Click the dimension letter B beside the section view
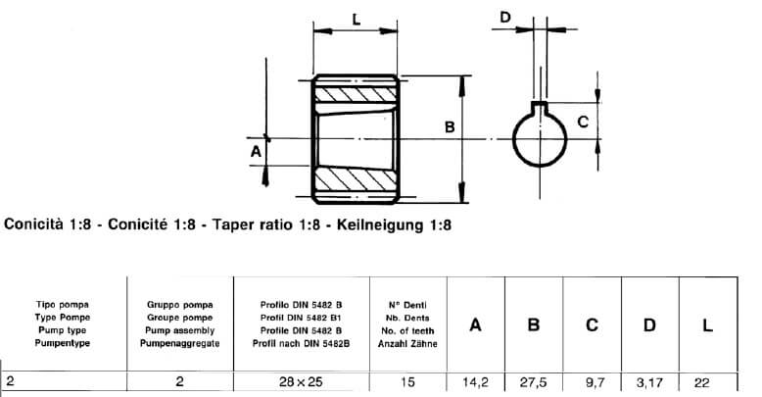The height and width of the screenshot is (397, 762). click(449, 127)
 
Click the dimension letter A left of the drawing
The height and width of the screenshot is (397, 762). click(256, 152)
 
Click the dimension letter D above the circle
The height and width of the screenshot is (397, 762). click(505, 17)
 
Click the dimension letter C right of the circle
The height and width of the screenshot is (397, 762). click(582, 123)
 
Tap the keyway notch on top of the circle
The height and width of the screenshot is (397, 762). click(538, 106)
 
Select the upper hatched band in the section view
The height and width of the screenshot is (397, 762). click(355, 96)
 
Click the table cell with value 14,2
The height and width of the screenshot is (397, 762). click(475, 382)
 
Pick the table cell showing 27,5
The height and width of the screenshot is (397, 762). click(533, 382)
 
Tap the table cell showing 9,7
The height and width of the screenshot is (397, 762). click(591, 382)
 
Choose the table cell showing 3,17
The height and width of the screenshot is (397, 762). click(648, 382)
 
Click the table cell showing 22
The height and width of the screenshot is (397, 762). click(706, 382)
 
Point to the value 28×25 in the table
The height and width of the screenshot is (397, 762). click(301, 382)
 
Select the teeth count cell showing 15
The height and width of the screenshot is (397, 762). click(408, 382)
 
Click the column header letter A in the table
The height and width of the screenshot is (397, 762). click(475, 325)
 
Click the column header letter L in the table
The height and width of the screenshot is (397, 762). click(707, 325)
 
